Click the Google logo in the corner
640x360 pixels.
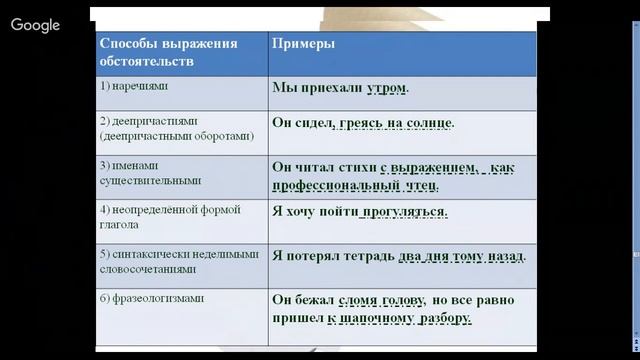[x=35, y=25]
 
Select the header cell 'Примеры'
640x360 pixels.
[x=304, y=45]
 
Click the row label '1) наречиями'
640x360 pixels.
[x=136, y=87]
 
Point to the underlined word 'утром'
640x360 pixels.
[x=387, y=88]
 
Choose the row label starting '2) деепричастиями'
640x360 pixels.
[x=175, y=129]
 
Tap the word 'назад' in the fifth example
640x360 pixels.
[x=506, y=256]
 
